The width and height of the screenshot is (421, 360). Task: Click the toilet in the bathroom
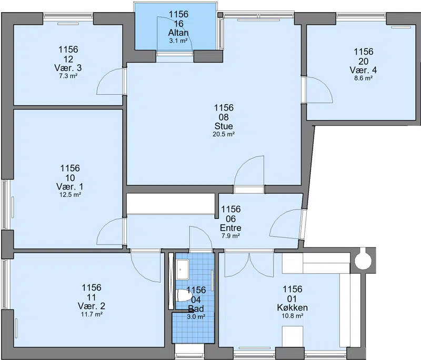point(183,295)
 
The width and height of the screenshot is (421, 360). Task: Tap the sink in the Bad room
point(183,269)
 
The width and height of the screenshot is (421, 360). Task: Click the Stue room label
point(224,126)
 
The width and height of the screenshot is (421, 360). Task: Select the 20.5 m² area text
point(224,134)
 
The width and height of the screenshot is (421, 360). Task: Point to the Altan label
point(178,33)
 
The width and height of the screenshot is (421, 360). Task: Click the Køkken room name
point(293,307)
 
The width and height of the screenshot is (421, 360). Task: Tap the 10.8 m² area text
point(293,316)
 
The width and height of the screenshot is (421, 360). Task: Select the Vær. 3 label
point(68,68)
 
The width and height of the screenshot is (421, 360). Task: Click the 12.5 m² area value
point(70,195)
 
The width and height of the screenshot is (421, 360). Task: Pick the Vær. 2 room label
point(92,306)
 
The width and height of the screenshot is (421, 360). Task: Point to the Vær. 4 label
point(363,70)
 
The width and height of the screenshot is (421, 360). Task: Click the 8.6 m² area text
point(363,78)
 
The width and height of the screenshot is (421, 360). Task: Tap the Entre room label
point(230,228)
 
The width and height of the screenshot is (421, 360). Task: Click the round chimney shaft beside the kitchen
point(363,260)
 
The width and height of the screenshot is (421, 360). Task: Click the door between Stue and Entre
point(249,171)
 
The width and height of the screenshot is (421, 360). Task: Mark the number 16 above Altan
point(178,24)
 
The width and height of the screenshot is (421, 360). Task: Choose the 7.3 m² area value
point(68,76)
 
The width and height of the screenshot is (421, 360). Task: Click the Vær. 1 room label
point(70,186)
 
